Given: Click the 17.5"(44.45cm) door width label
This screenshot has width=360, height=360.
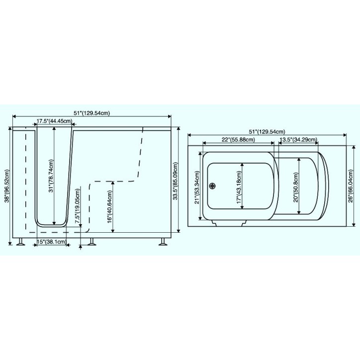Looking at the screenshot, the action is point(54,121).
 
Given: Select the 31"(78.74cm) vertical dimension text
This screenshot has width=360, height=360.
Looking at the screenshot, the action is point(51,176).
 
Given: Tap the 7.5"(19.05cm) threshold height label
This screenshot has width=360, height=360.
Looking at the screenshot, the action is point(78,206).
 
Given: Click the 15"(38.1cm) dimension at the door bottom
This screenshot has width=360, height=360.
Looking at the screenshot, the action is point(51,242).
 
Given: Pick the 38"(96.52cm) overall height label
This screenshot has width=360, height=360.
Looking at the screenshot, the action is point(6,186).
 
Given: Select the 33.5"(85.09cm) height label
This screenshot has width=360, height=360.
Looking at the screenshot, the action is point(176,181).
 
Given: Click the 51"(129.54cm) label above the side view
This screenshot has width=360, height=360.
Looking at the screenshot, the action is point(91,113).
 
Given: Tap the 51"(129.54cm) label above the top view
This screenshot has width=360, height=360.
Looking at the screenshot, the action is point(267,132).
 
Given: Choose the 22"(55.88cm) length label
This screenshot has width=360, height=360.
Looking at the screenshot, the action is point(238,140).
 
